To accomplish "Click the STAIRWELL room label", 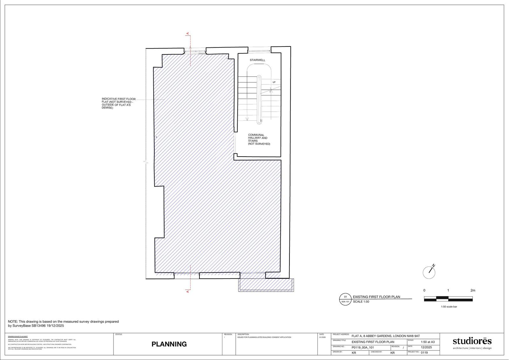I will click(257, 60).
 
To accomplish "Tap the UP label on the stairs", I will click(274, 82).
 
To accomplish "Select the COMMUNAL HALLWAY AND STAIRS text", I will click(259, 139).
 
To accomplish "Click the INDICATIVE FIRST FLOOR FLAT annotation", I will click(118, 103).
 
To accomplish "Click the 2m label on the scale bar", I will click(473, 290).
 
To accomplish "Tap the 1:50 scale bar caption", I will click(449, 307).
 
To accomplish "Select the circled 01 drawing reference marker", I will click(345, 299).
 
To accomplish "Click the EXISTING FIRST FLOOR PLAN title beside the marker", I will click(376, 297).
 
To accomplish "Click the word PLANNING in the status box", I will click(169, 344).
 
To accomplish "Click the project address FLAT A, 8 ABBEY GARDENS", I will click(386, 336).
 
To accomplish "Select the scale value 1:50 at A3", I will click(428, 342).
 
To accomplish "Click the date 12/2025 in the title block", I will click(426, 348).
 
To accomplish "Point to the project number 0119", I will click(424, 353).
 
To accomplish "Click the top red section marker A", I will click(188, 33).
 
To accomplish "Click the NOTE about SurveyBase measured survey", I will click(63, 324).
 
